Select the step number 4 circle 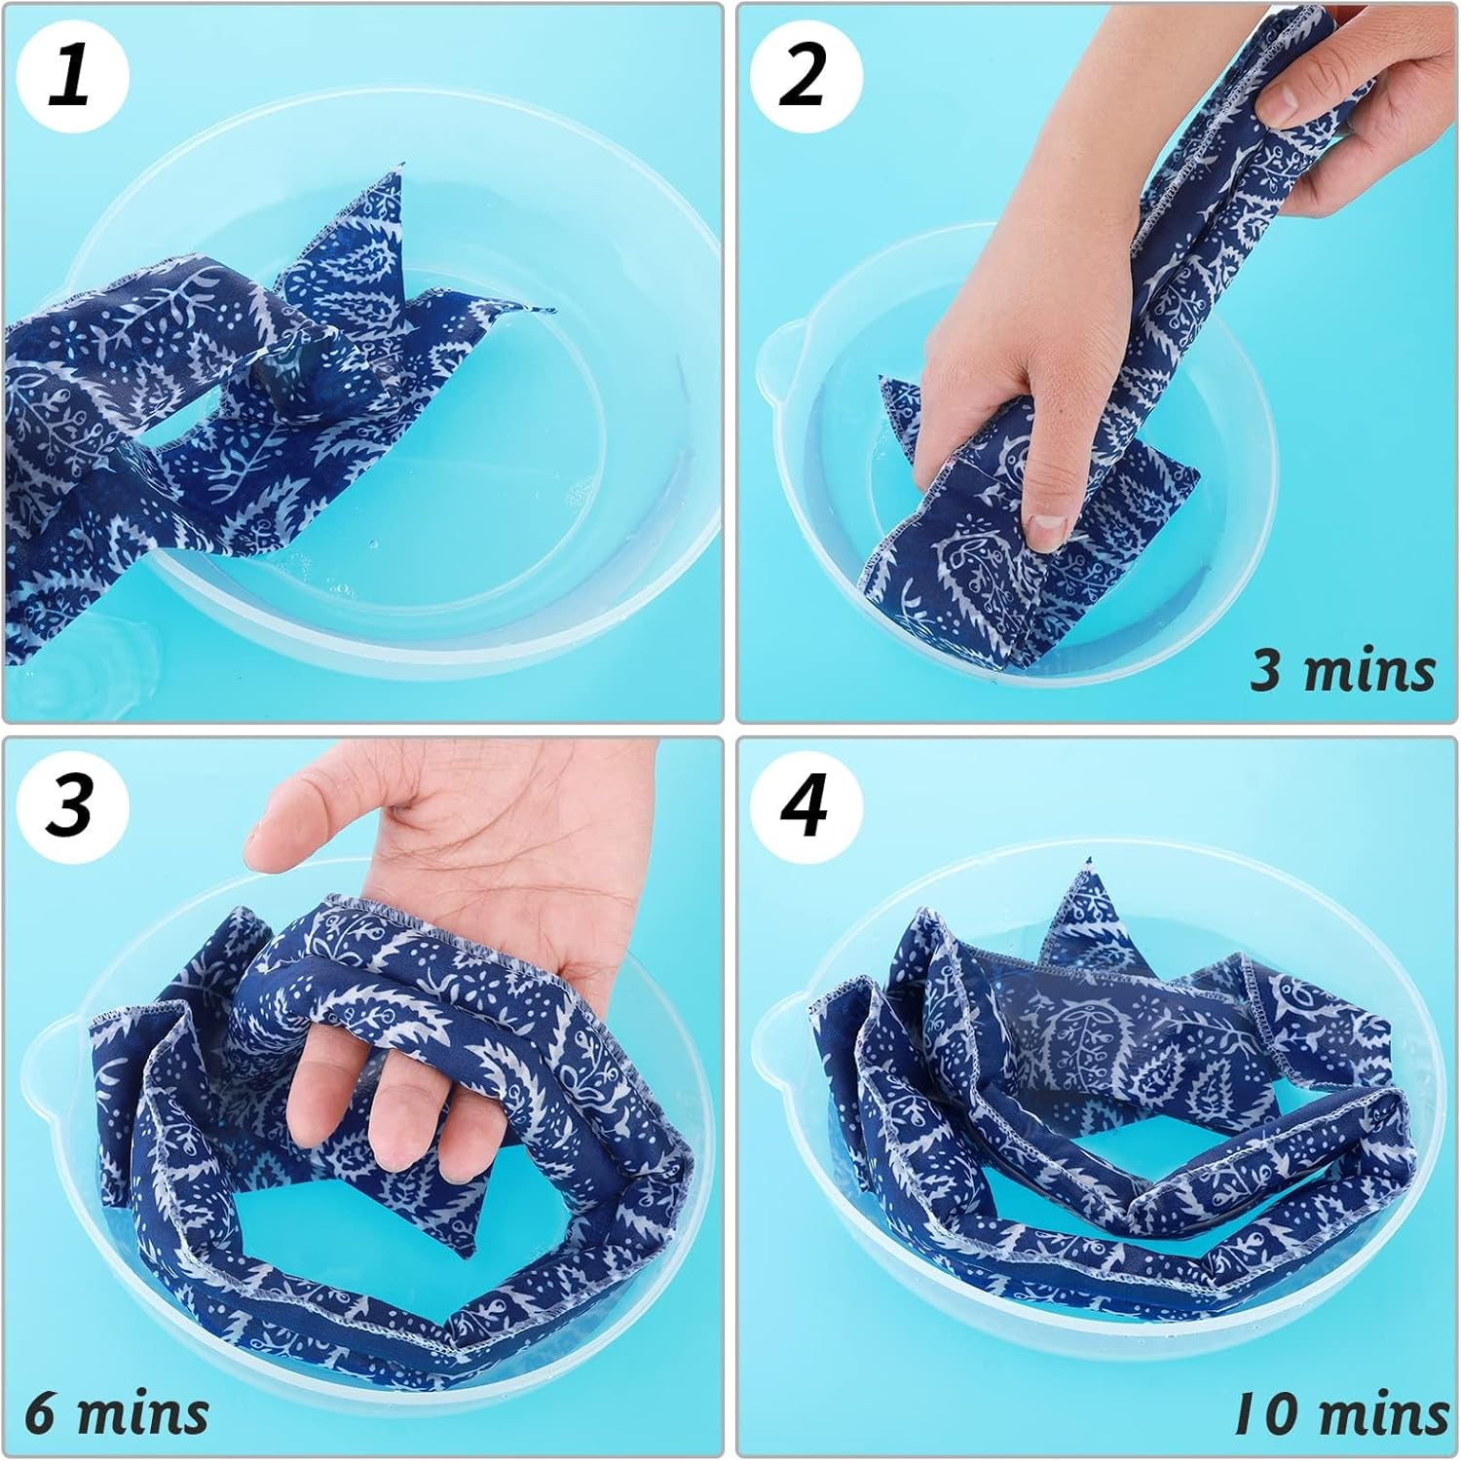coord(803,805)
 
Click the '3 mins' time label coord(1341,671)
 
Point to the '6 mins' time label coord(117,1411)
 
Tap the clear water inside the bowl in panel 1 coord(487,468)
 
